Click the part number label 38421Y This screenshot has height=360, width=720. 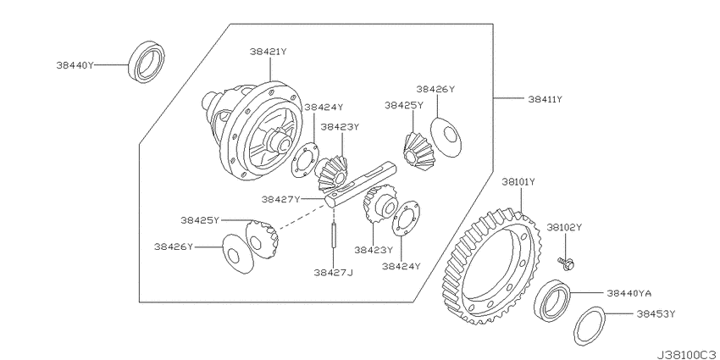coord(269,52)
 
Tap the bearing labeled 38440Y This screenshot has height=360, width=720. coord(147,62)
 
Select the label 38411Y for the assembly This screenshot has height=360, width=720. coord(545,99)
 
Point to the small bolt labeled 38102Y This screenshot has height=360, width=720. coord(568,263)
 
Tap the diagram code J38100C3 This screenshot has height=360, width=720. coord(688,355)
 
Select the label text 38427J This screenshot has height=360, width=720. coord(334,273)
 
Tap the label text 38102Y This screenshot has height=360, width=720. coord(564,227)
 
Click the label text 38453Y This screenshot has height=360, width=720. coord(656,314)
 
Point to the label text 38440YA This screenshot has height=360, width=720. coord(629,293)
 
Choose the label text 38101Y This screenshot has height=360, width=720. coord(518,182)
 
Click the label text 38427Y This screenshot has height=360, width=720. coord(280,199)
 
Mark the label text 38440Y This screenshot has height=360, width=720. coord(75,65)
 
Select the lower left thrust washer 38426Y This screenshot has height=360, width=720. coord(238,253)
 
